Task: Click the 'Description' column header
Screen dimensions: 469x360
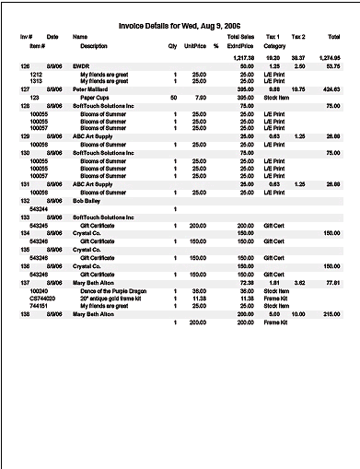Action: click(x=94, y=44)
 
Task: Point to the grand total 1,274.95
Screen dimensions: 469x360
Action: click(x=329, y=57)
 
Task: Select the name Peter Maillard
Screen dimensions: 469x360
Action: click(x=91, y=88)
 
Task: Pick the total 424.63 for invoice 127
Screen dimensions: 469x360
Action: click(x=331, y=88)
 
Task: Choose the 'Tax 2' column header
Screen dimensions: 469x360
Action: click(x=298, y=37)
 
